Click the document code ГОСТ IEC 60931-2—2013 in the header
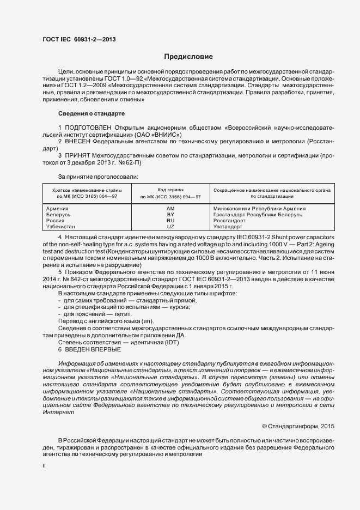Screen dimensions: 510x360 click(x=79, y=40)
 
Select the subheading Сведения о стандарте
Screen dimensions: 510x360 click(x=91, y=114)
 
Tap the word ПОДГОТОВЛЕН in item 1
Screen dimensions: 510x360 click(x=89, y=127)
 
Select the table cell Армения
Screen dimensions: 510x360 click(x=58, y=208)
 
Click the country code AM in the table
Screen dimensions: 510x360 click(x=170, y=208)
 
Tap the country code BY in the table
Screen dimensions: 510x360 click(x=170, y=214)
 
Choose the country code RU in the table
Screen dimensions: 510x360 click(x=170, y=220)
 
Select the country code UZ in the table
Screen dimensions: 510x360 click(x=170, y=226)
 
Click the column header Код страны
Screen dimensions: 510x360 click(x=170, y=189)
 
